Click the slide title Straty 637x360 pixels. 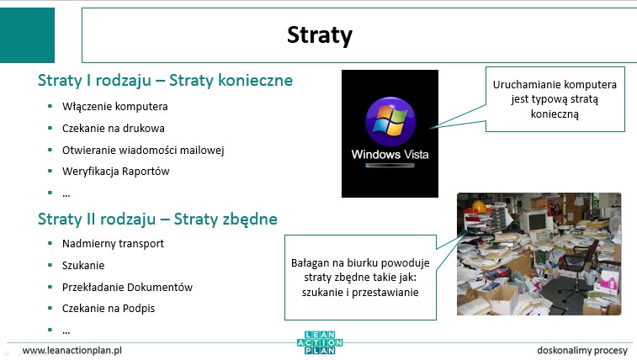point(319,35)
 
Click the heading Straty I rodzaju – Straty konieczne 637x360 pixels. point(165,81)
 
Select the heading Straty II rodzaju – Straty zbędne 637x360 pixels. point(157,220)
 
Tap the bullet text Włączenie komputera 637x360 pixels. point(115,106)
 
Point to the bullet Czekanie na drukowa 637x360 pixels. point(114,128)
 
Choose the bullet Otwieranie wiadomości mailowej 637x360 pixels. point(143,151)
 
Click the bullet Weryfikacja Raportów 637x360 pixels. point(116,172)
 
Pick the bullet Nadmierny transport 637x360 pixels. point(113,244)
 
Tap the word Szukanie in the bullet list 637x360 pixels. point(83,266)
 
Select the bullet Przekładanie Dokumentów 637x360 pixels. point(127,288)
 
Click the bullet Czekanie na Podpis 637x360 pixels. point(109,309)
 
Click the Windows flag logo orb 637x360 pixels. point(390,121)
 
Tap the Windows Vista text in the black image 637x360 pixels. point(390,154)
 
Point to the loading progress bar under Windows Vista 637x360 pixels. point(390,166)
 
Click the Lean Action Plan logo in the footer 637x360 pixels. point(320,342)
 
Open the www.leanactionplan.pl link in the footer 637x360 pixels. point(72,350)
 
